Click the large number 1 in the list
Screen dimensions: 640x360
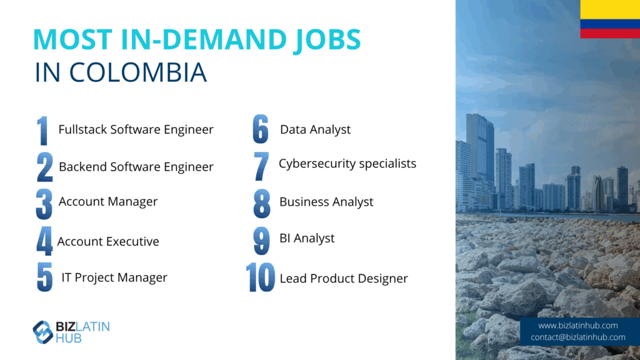[x=42, y=131]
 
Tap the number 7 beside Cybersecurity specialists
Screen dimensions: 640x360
[x=261, y=166]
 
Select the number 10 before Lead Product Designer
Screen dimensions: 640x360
[x=261, y=277]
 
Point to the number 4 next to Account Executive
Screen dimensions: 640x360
[x=44, y=241]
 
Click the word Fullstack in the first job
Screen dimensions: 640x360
[x=83, y=129]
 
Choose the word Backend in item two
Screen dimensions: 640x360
[x=83, y=166]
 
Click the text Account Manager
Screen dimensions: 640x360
[x=108, y=202]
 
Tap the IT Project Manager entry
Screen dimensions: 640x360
[x=114, y=277]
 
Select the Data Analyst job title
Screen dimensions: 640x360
[x=315, y=130]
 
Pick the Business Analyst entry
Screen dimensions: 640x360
[x=326, y=202]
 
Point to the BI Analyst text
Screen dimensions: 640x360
[x=307, y=238]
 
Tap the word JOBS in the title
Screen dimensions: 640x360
[x=327, y=40]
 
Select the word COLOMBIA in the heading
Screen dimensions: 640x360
[x=138, y=72]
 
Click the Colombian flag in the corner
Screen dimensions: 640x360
[x=610, y=19]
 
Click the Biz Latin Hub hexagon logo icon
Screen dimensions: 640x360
[x=43, y=332]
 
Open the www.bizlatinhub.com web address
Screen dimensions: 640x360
[x=577, y=326]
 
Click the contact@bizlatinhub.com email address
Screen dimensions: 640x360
[x=578, y=337]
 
